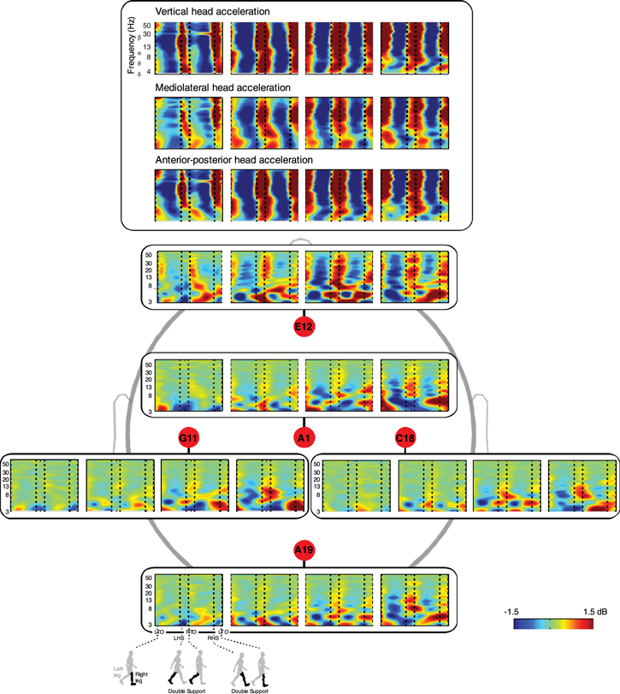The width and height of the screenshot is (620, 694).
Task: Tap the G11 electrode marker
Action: click(x=188, y=438)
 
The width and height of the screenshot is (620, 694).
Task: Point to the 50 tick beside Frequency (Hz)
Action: click(x=148, y=27)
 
